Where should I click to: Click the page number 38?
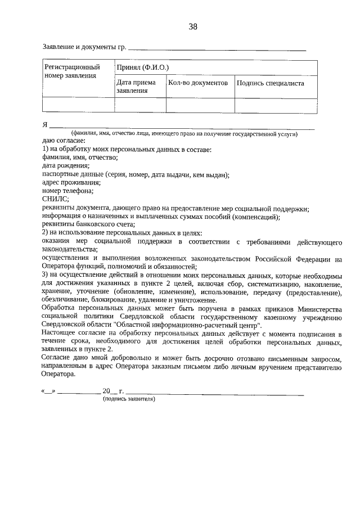(x=193, y=26)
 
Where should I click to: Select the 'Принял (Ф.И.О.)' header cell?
(x=142, y=67)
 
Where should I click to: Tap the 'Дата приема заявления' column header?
(x=133, y=87)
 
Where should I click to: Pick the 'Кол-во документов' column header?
(x=198, y=83)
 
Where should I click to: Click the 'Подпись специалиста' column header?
(x=270, y=83)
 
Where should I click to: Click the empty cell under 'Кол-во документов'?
(x=200, y=105)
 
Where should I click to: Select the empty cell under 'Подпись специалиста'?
(x=276, y=105)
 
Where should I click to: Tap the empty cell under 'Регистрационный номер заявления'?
(x=78, y=105)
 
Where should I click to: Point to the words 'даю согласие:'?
(x=64, y=141)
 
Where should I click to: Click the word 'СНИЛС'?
(x=55, y=199)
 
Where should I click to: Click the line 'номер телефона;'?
(x=68, y=191)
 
